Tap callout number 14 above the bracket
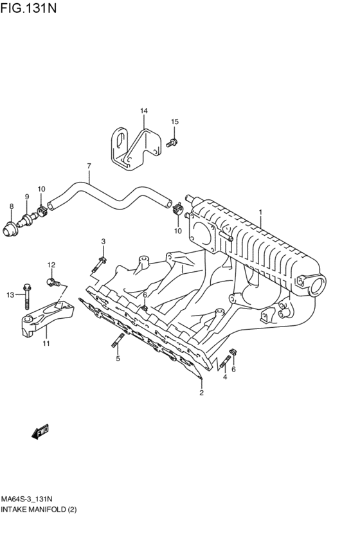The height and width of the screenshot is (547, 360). coord(144,111)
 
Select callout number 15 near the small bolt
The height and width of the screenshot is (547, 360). coord(174,121)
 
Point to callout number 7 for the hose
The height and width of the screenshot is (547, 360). coord(89,166)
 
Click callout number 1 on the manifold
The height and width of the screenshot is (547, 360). coord(260,211)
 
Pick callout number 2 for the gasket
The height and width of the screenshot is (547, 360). coord(201,392)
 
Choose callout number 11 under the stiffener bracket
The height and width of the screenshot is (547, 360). coord(46,345)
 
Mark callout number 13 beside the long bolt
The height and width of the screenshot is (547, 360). coord(10,295)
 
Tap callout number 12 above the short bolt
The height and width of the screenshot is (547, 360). coord(51,265)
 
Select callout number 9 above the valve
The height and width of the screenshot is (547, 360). coord(27,197)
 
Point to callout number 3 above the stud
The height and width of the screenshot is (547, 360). coord(103,241)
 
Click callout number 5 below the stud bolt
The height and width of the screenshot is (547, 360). coord(118,359)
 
